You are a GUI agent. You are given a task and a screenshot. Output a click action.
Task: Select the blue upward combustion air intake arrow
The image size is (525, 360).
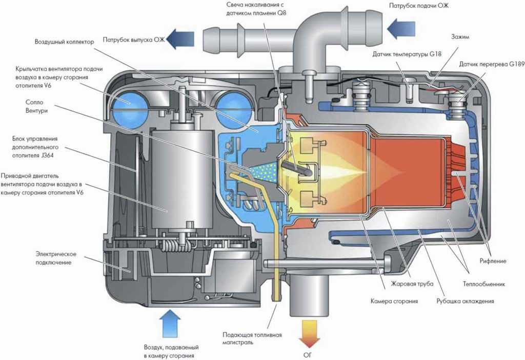pyautogui.click(x=169, y=323)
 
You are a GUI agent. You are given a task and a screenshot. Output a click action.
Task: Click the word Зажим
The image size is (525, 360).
pyautogui.click(x=460, y=37)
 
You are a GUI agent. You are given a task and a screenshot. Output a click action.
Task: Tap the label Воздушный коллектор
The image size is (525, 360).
pyautogui.click(x=65, y=42)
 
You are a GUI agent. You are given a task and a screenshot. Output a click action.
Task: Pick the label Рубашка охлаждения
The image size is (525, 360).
pyautogui.click(x=465, y=301)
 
